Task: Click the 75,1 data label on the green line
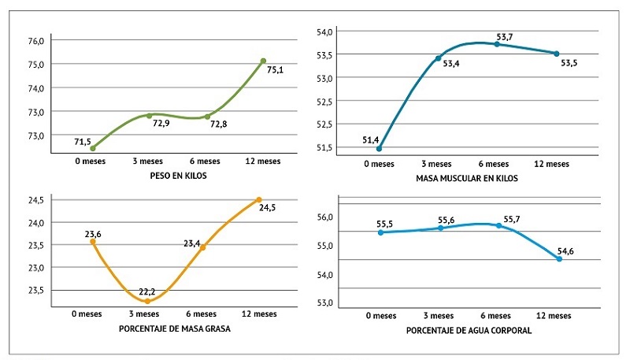(x=275, y=70)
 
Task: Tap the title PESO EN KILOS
(x=178, y=176)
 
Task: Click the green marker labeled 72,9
(x=149, y=116)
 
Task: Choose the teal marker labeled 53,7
(x=496, y=44)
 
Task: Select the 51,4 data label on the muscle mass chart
(x=371, y=140)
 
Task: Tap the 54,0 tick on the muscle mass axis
(x=326, y=32)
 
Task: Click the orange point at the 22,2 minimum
(x=147, y=301)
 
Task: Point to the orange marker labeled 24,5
(x=258, y=199)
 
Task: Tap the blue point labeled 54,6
(x=559, y=258)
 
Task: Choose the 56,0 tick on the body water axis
(x=326, y=217)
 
